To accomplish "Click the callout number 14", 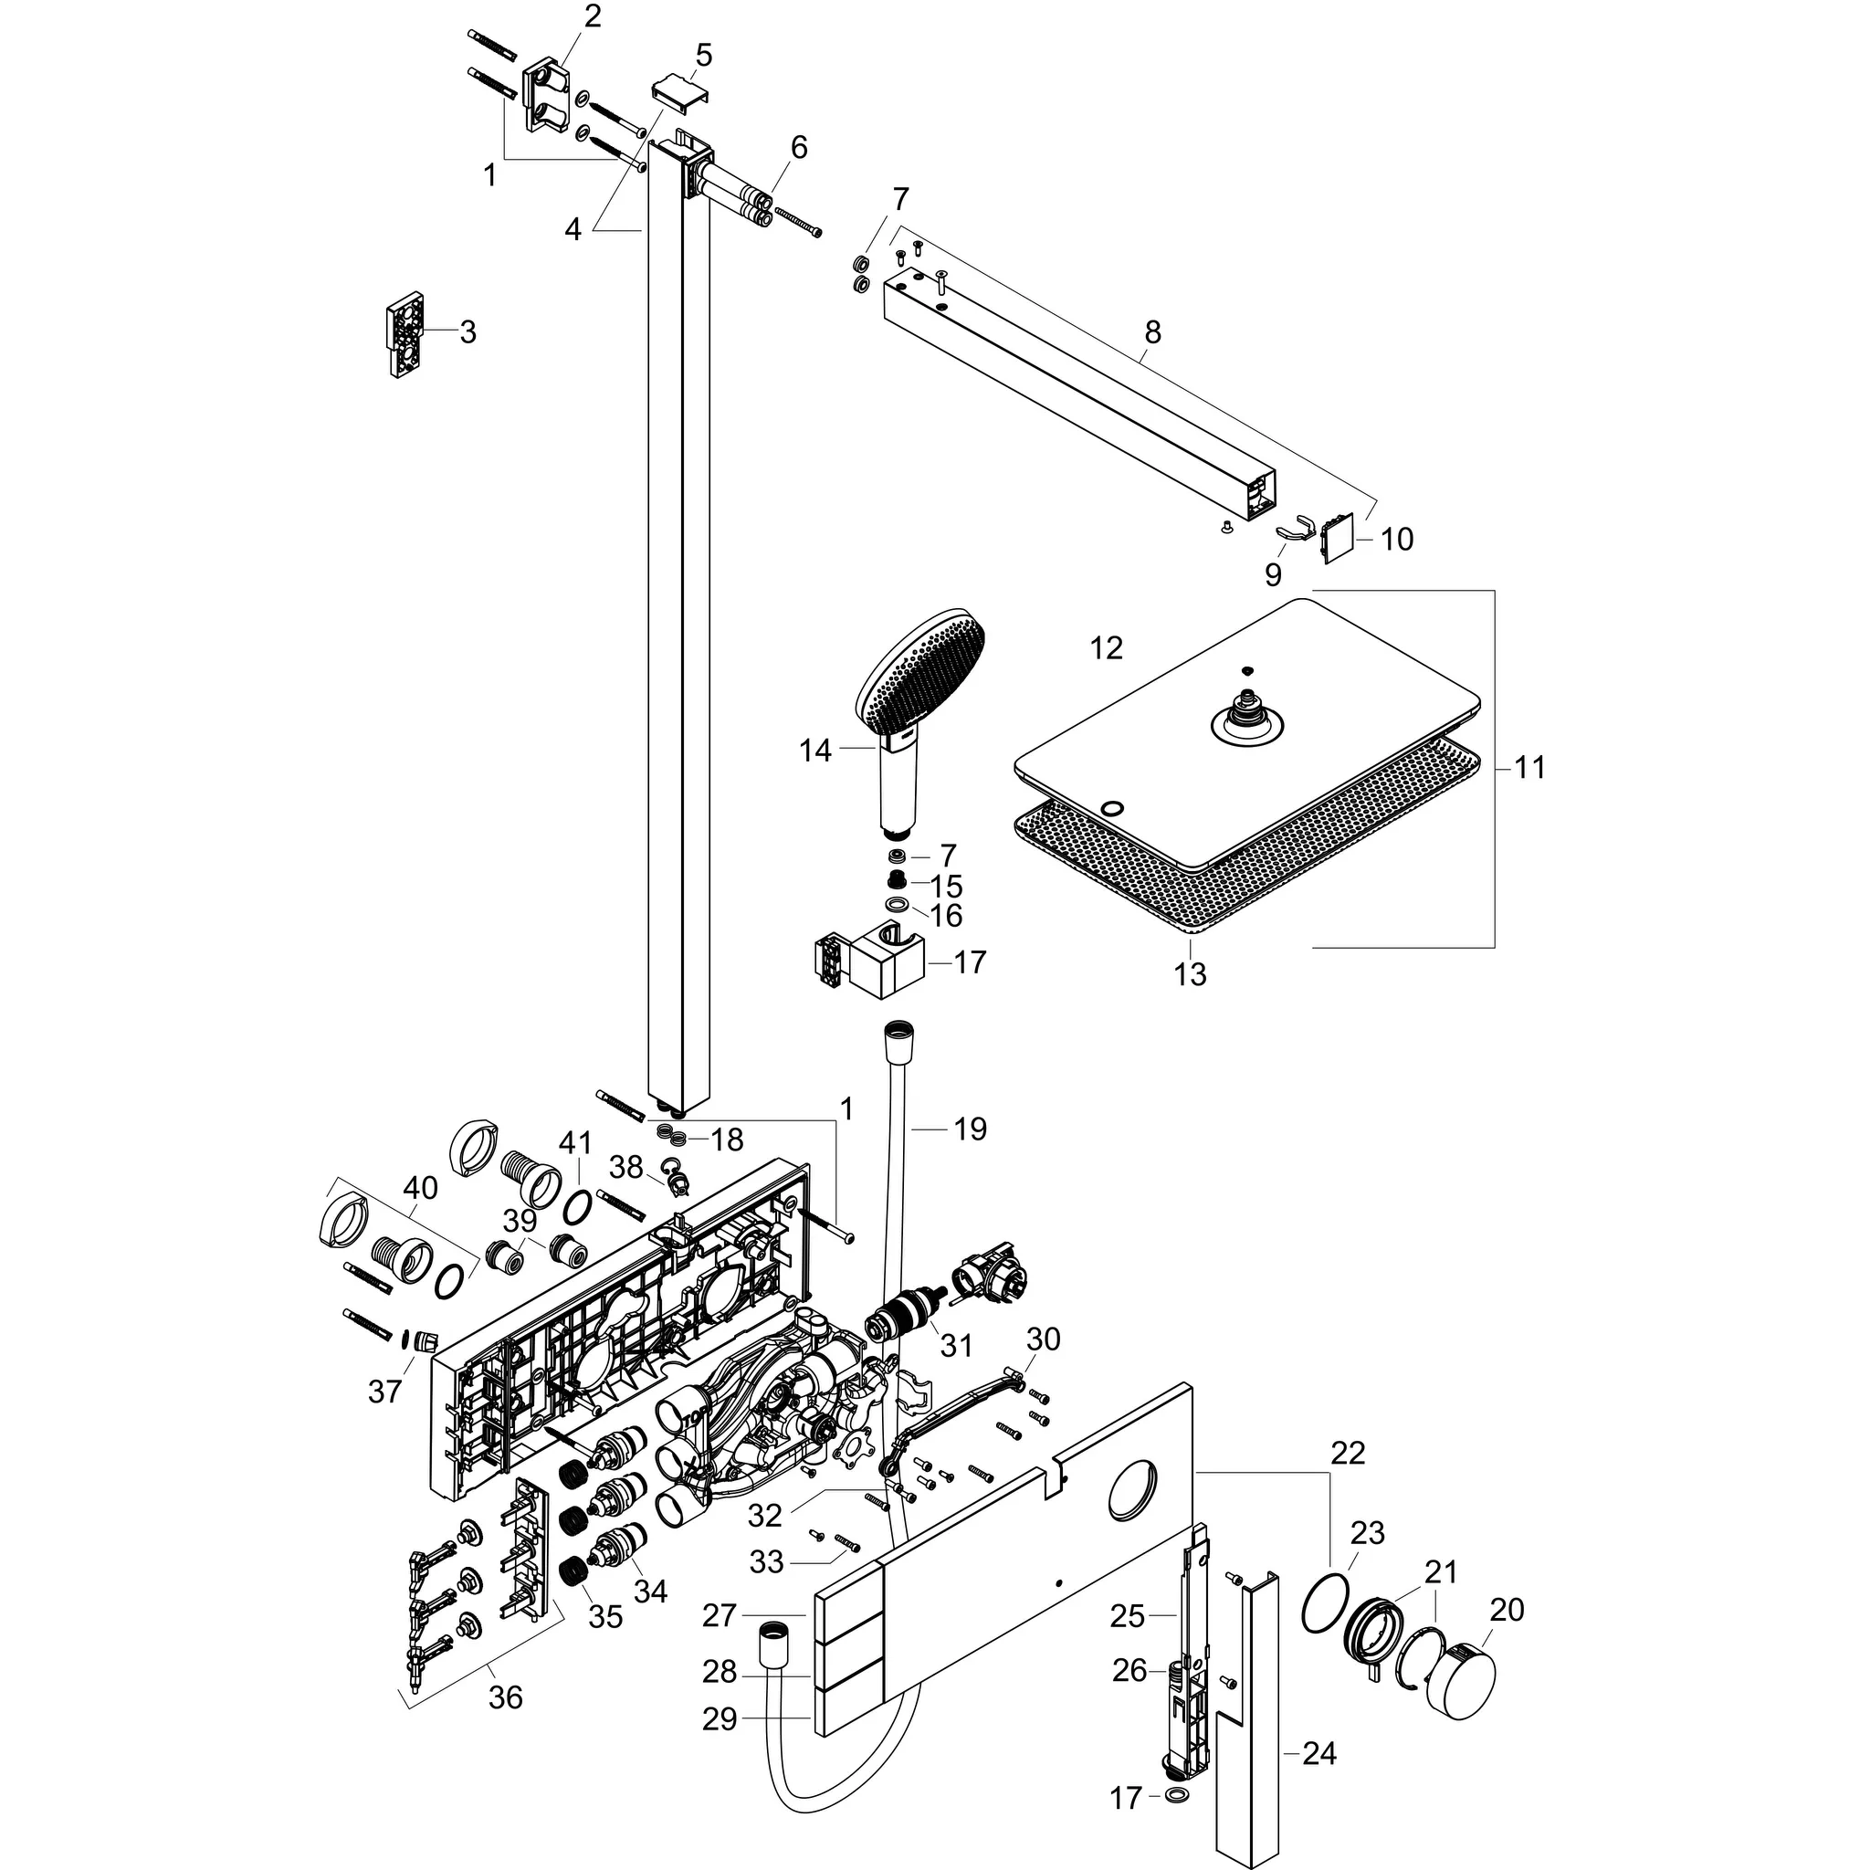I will (815, 751).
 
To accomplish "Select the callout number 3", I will (467, 332).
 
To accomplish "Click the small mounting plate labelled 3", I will (406, 335).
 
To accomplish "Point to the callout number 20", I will (1507, 1609).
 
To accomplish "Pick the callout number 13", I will (1190, 973).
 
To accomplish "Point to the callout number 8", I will (1151, 332).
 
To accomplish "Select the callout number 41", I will (575, 1144).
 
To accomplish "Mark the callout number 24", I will (1319, 1753).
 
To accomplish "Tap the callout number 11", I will (1529, 768).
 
